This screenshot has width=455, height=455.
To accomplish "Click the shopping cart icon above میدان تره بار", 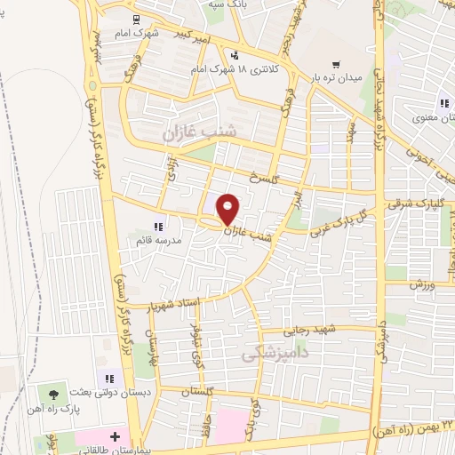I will pyautogui.click(x=336, y=64).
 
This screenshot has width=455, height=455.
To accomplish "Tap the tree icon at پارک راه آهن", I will pyautogui.click(x=54, y=392).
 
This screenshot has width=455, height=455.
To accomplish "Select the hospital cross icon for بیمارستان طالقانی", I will pyautogui.click(x=115, y=435).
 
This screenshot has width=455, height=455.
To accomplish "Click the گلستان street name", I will pyautogui.click(x=201, y=392).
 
